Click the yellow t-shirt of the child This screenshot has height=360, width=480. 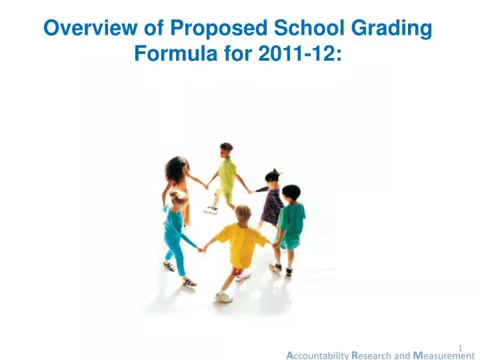coord(241,244)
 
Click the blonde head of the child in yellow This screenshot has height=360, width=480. coord(242,213)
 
